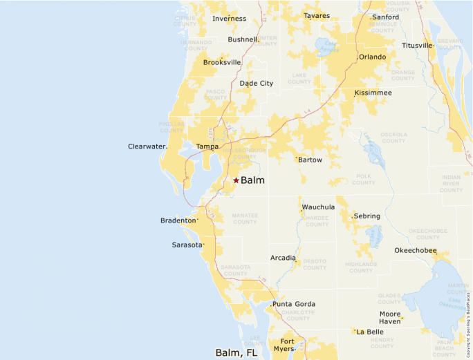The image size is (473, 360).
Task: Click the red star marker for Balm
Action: tap(236, 180)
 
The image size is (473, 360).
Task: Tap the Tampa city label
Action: tap(207, 146)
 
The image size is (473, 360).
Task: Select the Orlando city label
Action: tap(372, 57)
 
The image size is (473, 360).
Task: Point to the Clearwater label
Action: tap(147, 146)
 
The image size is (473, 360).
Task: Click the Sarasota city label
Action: tap(187, 245)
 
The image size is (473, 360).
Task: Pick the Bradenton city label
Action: tap(178, 220)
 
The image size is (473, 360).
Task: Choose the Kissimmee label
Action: tap(373, 93)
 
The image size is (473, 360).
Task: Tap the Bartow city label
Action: tap(310, 160)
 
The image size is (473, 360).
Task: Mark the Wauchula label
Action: tap(318, 207)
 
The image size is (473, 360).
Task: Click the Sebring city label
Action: tap(367, 216)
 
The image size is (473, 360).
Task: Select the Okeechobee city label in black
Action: tap(416, 250)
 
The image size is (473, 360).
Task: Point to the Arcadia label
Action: tap(283, 258)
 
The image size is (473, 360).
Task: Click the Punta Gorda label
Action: tap(294, 304)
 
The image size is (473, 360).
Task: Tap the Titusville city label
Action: tap(417, 46)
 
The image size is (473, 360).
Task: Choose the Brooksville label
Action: tap(222, 62)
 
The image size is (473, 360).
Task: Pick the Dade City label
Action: tap(256, 84)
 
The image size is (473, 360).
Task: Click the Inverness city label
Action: tap(229, 19)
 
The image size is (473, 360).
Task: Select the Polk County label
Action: tap(364, 180)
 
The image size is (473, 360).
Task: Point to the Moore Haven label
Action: tap(389, 318)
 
